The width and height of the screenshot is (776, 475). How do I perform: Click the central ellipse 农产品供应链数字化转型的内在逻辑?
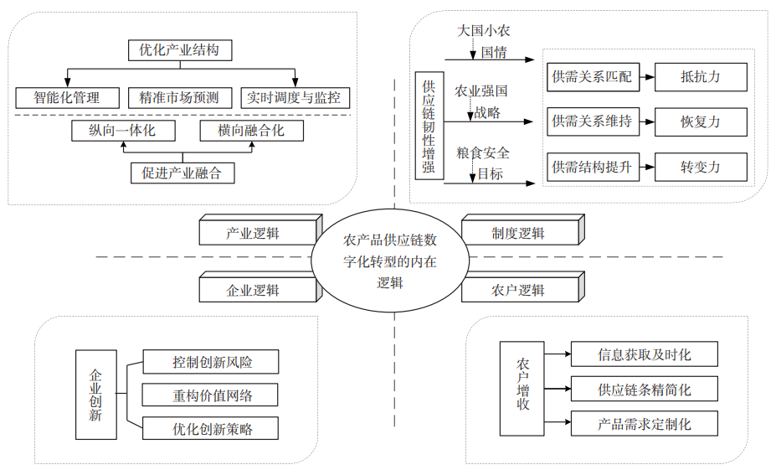(389, 261)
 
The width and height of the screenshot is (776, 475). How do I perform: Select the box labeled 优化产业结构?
(179, 50)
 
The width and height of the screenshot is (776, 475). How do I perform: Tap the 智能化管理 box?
(67, 97)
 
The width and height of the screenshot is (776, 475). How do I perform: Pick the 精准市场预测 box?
(179, 97)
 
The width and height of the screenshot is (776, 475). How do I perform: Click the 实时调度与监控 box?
(294, 97)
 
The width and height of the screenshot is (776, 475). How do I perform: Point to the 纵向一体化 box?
(122, 131)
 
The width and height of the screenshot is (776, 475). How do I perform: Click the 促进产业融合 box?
(182, 173)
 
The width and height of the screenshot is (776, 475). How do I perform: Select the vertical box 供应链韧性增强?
(428, 126)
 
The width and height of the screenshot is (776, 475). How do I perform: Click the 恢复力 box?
(700, 122)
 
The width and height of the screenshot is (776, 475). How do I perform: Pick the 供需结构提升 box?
(592, 167)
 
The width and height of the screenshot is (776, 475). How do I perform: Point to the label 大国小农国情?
(483, 40)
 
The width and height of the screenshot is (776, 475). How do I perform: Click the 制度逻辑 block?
(519, 233)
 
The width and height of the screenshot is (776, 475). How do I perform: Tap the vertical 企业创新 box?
(95, 394)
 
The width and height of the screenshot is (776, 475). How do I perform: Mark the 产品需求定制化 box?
(644, 423)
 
